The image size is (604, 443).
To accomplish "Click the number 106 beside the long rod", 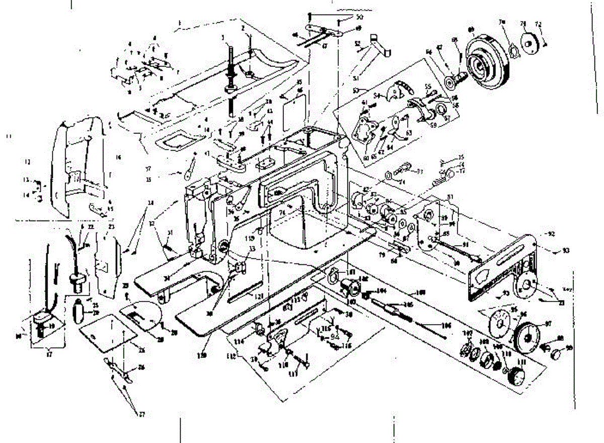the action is (445, 326).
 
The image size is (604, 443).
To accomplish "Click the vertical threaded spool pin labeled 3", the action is (231, 76).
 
